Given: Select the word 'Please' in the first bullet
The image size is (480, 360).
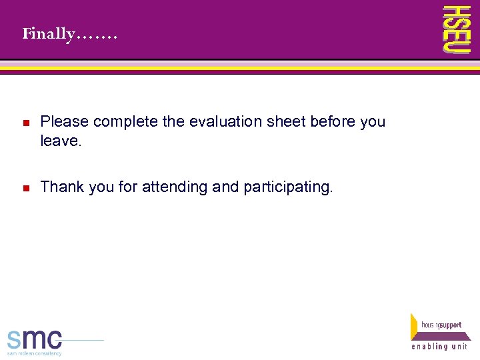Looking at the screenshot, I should tap(65, 121).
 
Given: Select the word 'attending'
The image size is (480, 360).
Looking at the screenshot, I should tap(173, 187).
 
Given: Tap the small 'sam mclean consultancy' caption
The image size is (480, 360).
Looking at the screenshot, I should tap(35, 353).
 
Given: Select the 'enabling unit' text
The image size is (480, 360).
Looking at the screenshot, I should tap(439, 347).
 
